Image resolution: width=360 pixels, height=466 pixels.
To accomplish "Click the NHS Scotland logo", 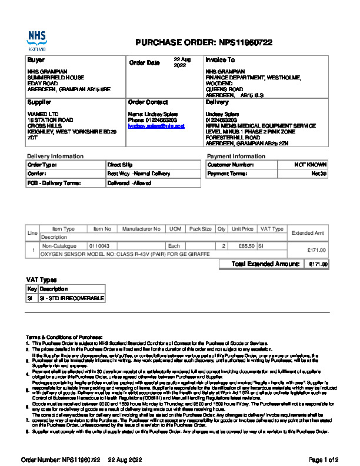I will click(x=36, y=41).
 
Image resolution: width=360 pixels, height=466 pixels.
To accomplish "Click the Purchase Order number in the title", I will click(x=245, y=42).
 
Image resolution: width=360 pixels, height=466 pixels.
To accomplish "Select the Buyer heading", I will click(x=36, y=60).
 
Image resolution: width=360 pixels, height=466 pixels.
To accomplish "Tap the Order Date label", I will click(x=144, y=63).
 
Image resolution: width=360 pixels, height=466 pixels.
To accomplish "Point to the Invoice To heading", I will click(x=220, y=60).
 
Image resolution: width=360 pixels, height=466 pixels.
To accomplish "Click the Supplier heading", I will click(x=39, y=102).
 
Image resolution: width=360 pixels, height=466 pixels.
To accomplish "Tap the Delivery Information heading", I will click(x=55, y=156).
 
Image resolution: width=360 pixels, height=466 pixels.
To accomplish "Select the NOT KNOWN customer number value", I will click(x=311, y=165).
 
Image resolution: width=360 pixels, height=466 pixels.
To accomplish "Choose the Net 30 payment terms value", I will click(x=319, y=174).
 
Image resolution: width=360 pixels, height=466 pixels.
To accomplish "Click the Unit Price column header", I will click(x=242, y=229).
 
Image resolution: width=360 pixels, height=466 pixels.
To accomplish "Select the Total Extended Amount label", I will click(x=266, y=264).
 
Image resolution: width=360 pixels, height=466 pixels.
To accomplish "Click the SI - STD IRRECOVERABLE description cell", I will click(x=71, y=298).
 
